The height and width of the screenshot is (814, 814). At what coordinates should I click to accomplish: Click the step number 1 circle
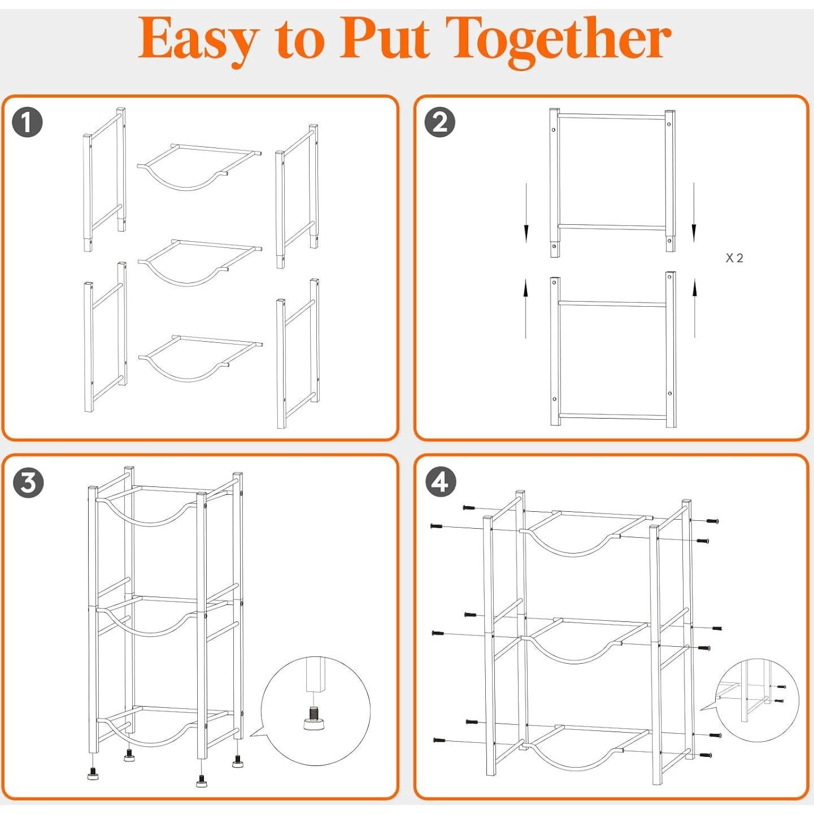click(x=28, y=123)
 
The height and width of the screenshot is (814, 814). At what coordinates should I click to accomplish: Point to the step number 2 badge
click(x=440, y=123)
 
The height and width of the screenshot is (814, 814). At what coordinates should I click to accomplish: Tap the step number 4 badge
click(x=441, y=482)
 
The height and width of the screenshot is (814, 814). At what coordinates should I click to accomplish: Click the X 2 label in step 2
click(x=734, y=258)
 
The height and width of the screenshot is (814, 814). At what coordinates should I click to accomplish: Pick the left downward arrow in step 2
click(x=526, y=213)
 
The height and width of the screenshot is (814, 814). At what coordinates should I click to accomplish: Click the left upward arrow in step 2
click(x=525, y=308)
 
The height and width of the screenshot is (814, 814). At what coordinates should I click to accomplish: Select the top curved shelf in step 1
click(x=199, y=167)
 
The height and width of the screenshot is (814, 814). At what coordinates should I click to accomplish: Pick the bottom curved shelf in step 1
click(x=200, y=358)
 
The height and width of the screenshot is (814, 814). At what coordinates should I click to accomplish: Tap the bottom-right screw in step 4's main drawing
click(x=706, y=755)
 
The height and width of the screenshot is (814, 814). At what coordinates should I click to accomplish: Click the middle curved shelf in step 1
click(x=200, y=263)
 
